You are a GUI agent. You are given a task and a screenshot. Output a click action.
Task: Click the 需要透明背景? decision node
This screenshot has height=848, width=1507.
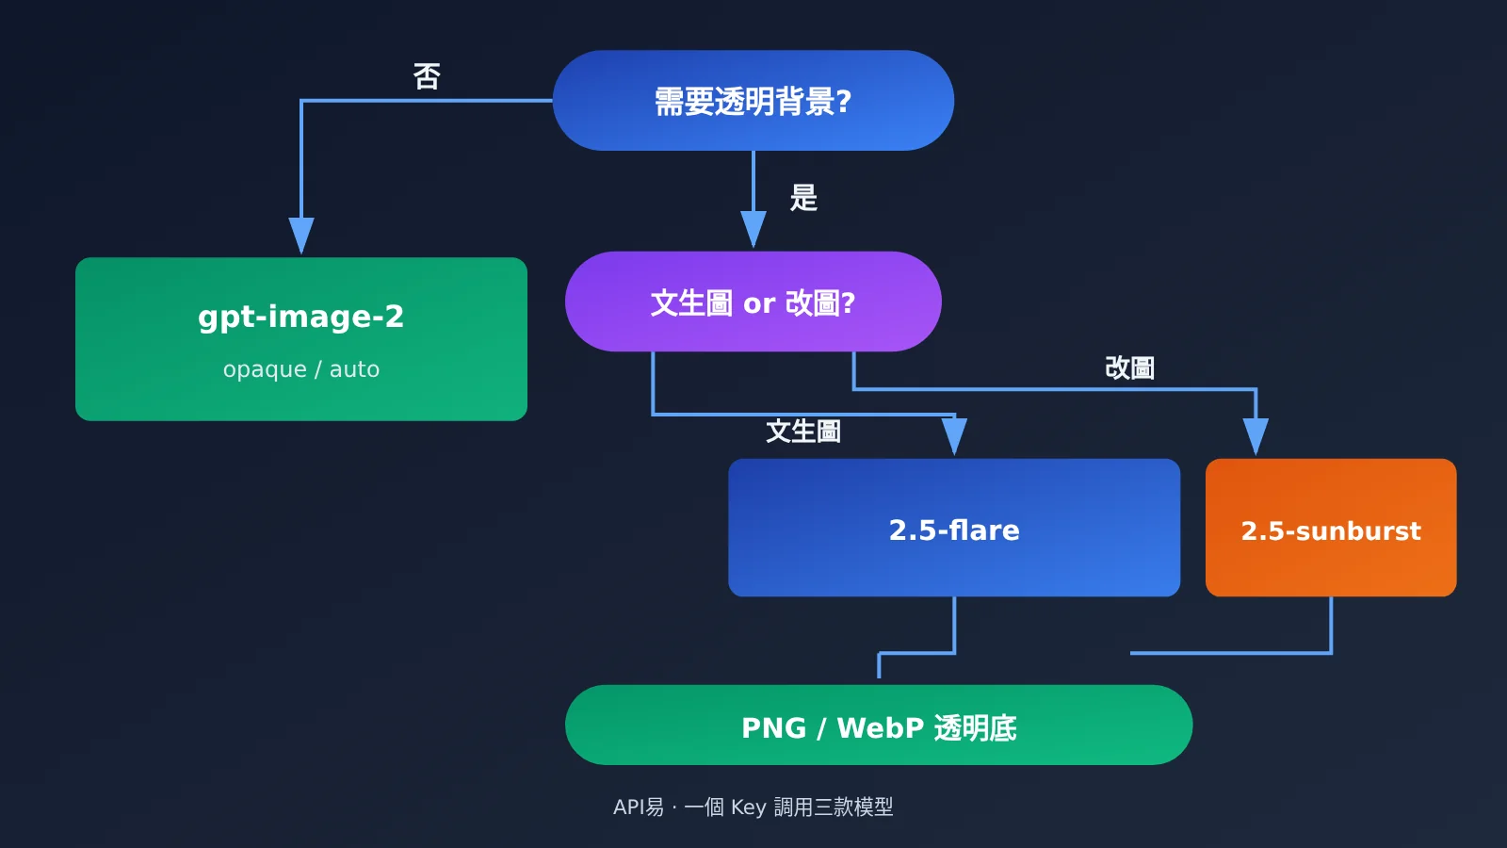[753, 100]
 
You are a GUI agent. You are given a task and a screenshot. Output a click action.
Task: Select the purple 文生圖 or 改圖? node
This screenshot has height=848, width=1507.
[753, 302]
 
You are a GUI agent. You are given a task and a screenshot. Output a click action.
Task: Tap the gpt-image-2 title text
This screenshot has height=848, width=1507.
[300, 317]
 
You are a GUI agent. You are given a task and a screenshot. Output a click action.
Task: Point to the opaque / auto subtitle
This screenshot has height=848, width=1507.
[300, 369]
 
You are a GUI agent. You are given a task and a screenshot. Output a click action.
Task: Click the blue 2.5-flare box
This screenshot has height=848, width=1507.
[954, 528]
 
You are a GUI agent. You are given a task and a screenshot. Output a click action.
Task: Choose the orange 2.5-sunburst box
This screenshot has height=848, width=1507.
[1331, 528]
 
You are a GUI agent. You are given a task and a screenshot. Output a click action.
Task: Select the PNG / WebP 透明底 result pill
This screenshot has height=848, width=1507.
[879, 725]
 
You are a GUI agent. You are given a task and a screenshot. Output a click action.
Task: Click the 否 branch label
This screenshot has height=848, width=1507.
[427, 76]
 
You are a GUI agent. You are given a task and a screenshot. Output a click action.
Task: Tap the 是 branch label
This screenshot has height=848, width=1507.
[803, 198]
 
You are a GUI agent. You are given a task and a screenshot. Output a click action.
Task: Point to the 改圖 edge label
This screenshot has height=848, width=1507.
[1129, 368]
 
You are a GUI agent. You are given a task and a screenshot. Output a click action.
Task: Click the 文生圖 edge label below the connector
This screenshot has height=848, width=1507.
[803, 432]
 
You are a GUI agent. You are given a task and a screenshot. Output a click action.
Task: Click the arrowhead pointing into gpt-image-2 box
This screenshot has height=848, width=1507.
[301, 236]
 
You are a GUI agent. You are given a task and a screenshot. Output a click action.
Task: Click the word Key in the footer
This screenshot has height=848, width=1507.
[748, 807]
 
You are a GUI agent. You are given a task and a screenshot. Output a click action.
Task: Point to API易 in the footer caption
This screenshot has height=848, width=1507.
[639, 807]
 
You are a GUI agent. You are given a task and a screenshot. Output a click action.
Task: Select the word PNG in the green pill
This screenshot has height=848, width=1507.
[773, 728]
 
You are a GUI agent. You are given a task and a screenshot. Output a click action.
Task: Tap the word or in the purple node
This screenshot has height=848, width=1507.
[759, 304]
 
